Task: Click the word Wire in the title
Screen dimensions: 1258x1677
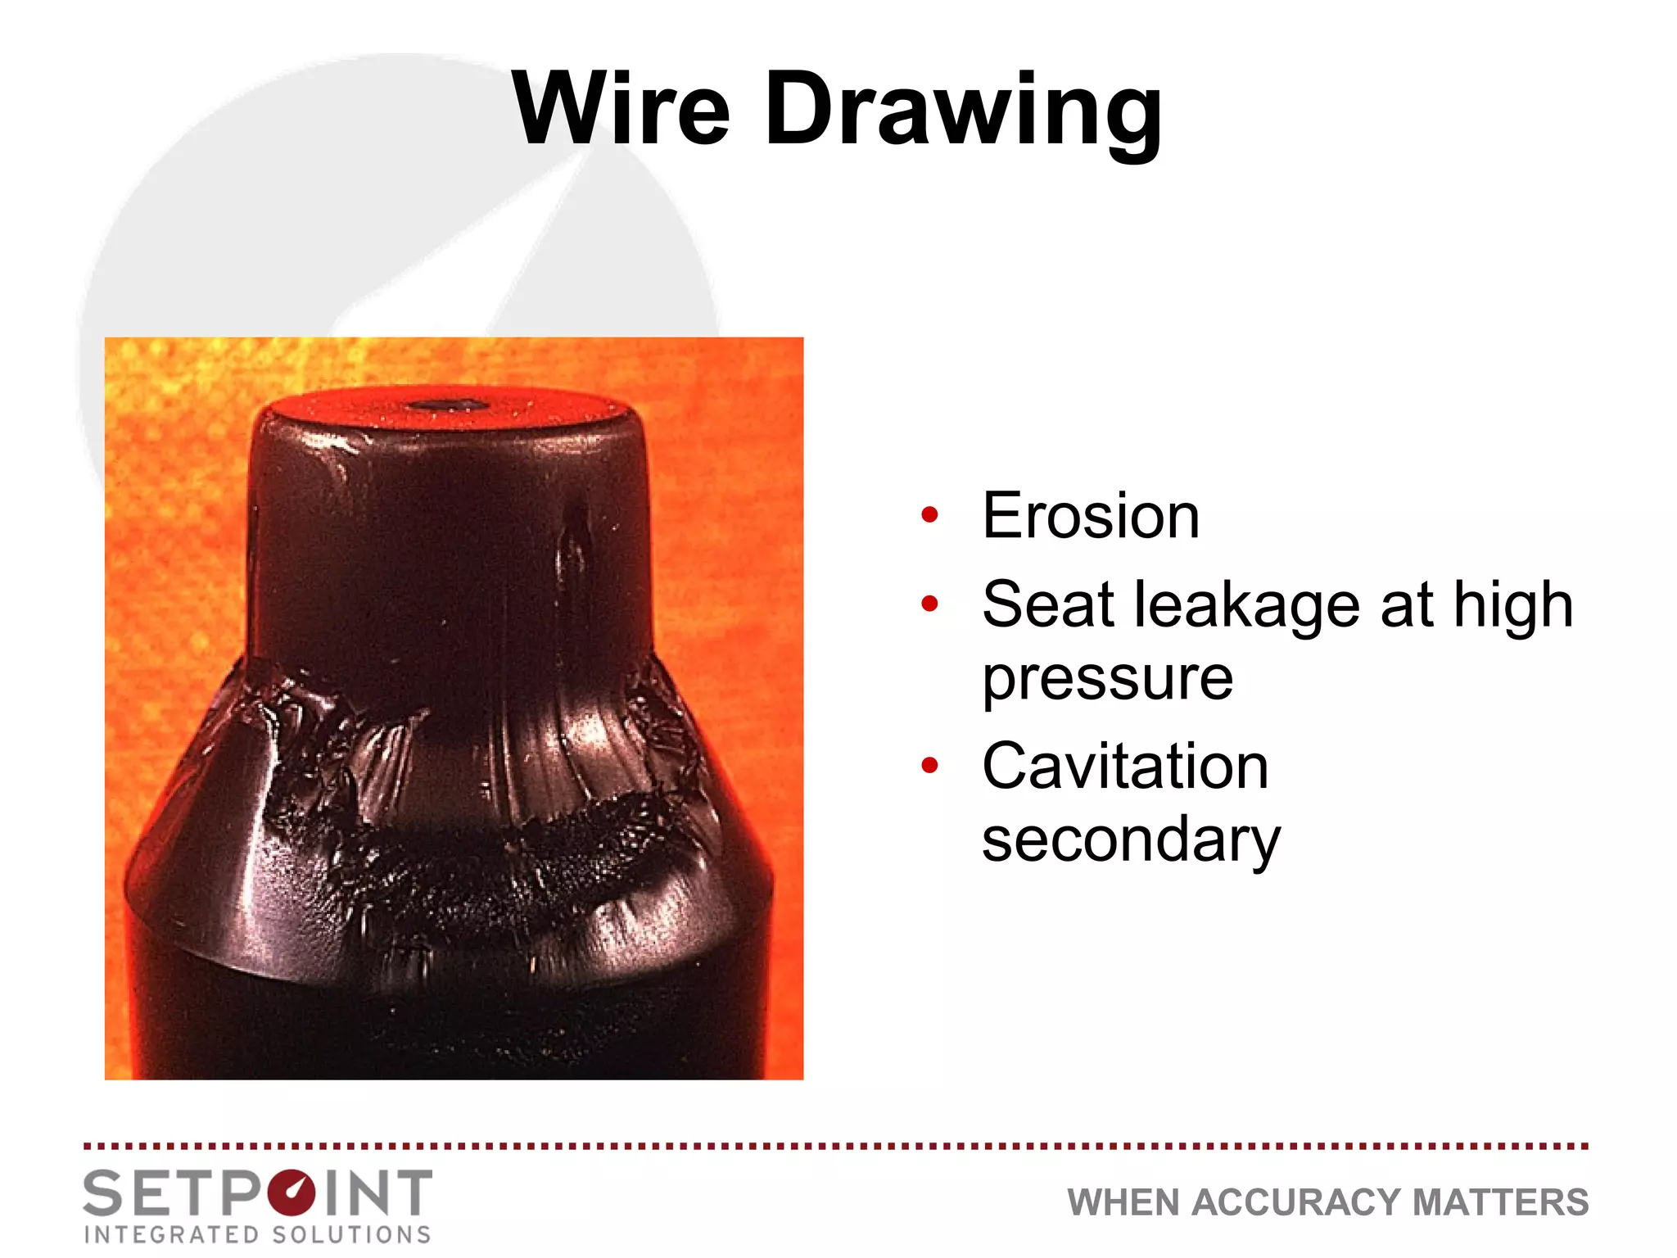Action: [x=621, y=109]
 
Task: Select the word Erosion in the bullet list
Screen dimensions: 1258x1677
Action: [x=1091, y=516]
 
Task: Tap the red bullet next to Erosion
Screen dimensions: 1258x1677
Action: [x=929, y=516]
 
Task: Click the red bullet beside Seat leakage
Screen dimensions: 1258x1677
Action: [x=929, y=604]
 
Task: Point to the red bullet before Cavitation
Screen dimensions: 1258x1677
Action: [x=929, y=766]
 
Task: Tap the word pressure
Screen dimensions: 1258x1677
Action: [x=1107, y=680]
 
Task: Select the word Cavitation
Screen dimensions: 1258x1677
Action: [x=1125, y=766]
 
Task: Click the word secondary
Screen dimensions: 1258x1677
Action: [x=1131, y=840]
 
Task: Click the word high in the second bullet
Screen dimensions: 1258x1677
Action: [x=1513, y=606]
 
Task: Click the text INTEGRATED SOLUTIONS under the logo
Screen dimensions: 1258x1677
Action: [x=257, y=1234]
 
